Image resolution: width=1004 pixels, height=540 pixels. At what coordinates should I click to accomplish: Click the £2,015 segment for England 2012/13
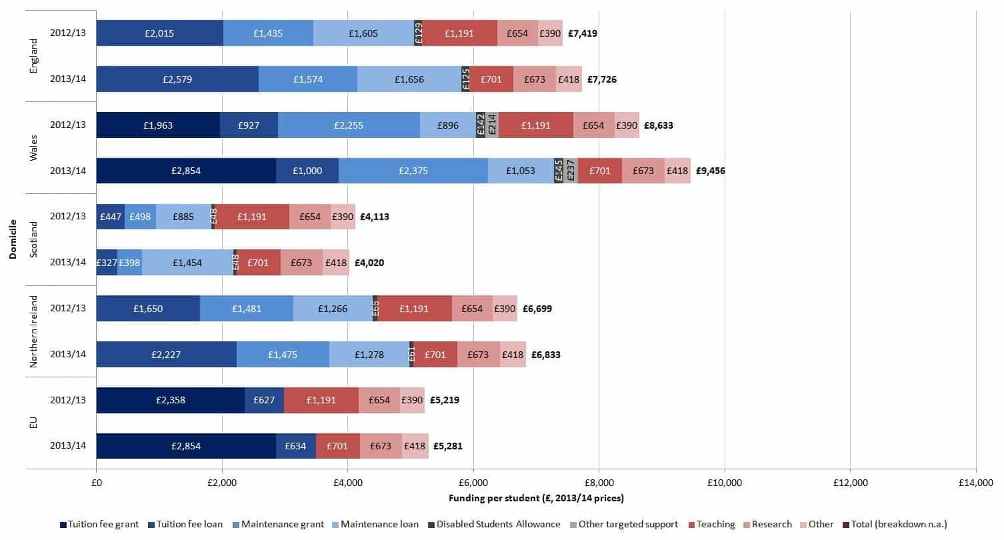tap(159, 33)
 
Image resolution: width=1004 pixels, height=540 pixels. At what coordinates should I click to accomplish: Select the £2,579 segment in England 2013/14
tap(177, 79)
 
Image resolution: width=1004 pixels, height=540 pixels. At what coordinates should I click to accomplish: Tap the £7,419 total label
tap(583, 33)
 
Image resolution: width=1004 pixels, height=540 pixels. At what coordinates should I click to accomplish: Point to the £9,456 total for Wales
tap(710, 171)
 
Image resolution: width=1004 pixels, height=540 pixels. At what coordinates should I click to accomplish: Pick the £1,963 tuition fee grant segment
tap(158, 125)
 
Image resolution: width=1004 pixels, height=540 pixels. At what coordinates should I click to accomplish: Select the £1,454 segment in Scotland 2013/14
tap(187, 263)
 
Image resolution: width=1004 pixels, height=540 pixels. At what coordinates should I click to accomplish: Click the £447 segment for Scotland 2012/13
tap(110, 217)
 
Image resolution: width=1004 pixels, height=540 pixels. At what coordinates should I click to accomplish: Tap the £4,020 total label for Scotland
tap(369, 263)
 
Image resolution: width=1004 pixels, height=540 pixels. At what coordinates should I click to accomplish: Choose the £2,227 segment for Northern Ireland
tap(166, 355)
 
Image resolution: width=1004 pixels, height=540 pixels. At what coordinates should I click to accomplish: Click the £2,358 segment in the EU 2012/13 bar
tap(170, 401)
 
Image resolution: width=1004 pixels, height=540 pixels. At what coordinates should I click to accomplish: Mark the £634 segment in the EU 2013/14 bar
tap(296, 446)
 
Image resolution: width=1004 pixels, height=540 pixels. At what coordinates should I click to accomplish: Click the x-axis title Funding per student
tap(535, 498)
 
